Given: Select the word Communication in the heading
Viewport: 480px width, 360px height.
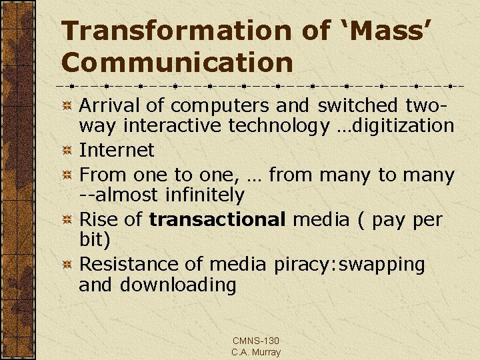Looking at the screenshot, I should point(177,63).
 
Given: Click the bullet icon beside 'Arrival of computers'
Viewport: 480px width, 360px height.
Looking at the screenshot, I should point(67,107).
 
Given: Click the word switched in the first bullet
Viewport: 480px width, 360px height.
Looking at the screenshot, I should point(359,106).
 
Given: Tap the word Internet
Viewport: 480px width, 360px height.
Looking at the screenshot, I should point(117,150).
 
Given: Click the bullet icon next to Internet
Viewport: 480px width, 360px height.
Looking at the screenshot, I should point(67,151).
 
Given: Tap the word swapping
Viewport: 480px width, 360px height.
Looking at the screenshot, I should point(382,265).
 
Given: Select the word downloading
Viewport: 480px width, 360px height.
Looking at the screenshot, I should point(178,285).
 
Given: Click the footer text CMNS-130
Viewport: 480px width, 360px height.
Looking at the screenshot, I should point(255,341).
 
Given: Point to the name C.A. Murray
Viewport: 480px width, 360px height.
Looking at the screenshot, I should point(256,352).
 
